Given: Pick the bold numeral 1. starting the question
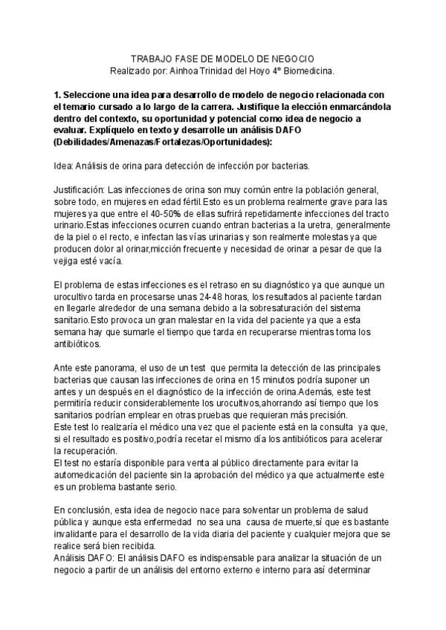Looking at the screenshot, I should click(x=59, y=94).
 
